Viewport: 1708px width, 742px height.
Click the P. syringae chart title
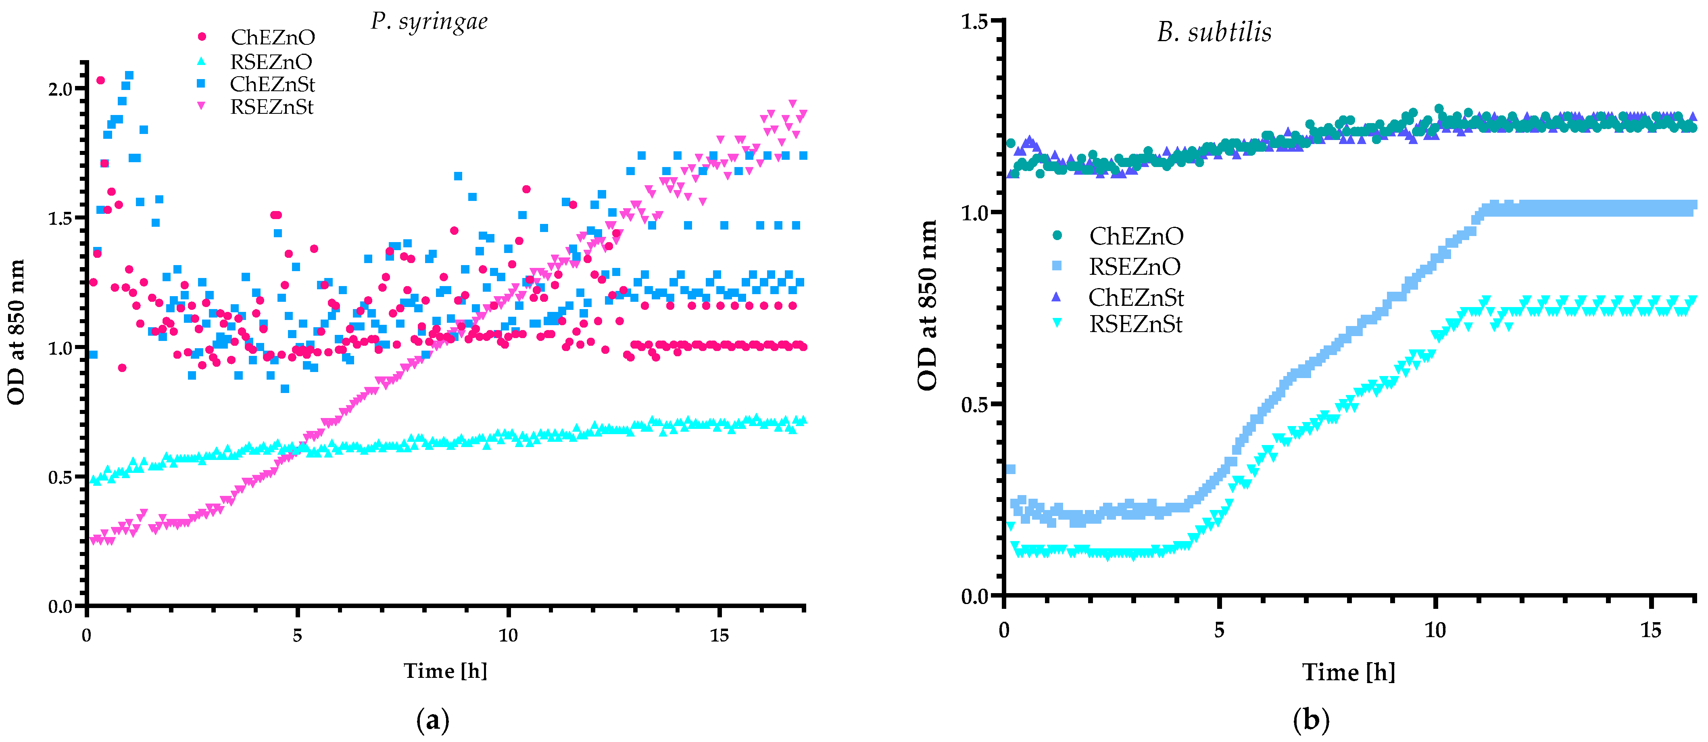point(429,21)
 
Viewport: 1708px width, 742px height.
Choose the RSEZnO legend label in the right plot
point(1134,267)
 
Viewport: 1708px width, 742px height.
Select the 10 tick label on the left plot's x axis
point(508,635)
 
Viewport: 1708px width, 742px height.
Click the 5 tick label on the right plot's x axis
point(1219,630)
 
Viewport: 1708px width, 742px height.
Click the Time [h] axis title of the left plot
point(446,671)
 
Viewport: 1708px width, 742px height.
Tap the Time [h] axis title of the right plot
point(1349,672)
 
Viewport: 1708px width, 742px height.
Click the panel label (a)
point(432,719)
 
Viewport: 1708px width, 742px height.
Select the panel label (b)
point(1311,719)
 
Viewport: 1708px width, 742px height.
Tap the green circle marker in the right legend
point(1057,235)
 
